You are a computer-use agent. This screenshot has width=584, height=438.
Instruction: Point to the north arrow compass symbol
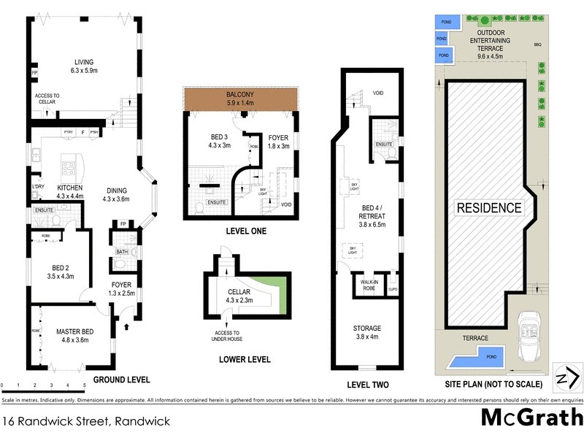click(566, 378)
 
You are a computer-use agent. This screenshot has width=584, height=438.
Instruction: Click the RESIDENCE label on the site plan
click(489, 207)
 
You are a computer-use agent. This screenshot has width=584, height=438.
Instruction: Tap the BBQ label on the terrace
click(537, 45)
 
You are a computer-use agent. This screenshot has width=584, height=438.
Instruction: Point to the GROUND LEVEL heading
click(120, 380)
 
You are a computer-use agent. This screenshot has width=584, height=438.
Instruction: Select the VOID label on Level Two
click(378, 93)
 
